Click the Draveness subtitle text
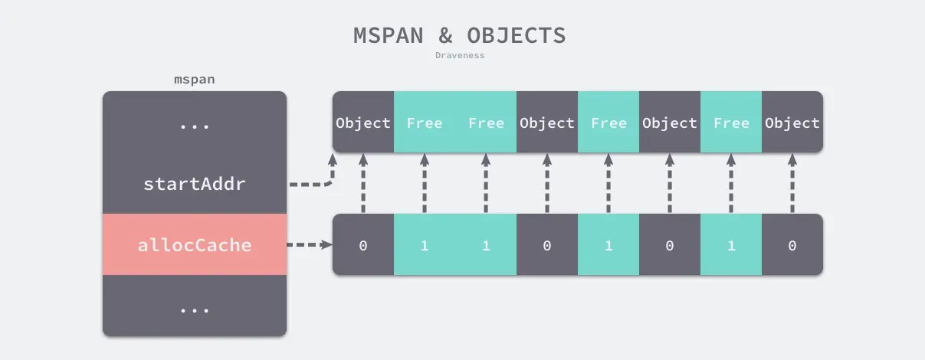pos(460,55)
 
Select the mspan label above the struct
pos(194,80)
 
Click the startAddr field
pos(194,184)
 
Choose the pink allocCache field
pos(194,245)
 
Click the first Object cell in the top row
pos(363,123)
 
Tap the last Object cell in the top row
pos(792,123)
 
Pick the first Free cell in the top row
pos(425,123)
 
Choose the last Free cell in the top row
pos(731,123)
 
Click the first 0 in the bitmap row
pos(363,245)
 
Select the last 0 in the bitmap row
pos(792,245)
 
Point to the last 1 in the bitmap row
pos(731,245)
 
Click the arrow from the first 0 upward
pos(363,184)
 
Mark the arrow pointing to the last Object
pos(792,184)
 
